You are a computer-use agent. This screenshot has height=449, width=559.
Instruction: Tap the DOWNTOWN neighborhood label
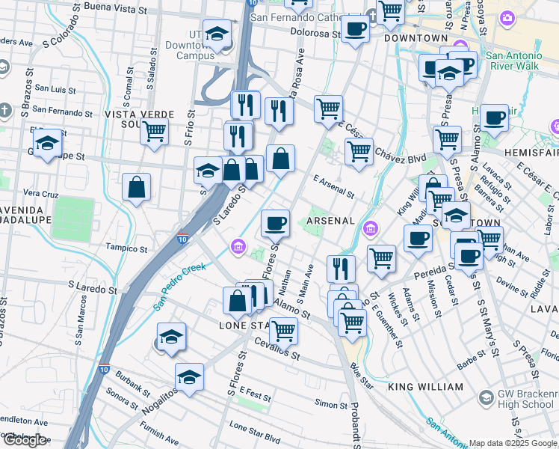click(416, 37)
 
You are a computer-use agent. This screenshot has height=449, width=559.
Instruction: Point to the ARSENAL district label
click(330, 221)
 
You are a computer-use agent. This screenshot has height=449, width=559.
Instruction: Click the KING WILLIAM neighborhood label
click(426, 387)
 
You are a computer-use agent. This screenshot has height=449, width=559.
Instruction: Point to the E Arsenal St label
click(334, 187)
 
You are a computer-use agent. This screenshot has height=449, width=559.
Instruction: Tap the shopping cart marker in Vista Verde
click(154, 132)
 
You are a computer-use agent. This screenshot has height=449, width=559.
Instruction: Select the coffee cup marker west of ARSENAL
click(275, 222)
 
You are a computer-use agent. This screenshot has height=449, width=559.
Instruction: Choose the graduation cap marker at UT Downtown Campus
click(217, 34)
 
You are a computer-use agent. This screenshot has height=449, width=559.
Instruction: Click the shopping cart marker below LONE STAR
click(283, 330)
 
